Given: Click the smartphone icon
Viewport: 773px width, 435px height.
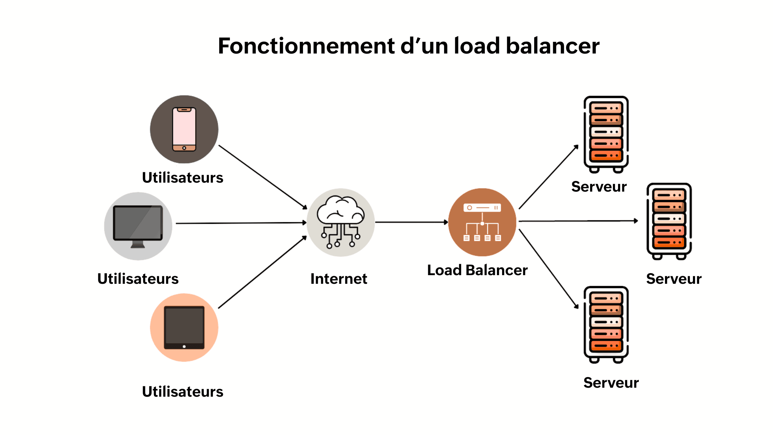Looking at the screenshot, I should click(184, 129).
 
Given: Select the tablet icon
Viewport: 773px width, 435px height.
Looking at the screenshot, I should click(184, 327).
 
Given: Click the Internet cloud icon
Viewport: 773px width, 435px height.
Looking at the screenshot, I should click(341, 222).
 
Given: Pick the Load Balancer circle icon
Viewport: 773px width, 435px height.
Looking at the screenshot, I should click(482, 222).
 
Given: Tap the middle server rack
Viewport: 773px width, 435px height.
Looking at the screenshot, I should click(669, 221).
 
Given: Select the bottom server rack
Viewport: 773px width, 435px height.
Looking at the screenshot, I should click(606, 324).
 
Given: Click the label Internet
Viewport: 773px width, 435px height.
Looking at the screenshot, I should click(339, 279).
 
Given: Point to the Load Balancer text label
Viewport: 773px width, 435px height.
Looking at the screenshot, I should click(477, 270).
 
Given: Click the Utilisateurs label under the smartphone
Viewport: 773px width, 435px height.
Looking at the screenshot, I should click(183, 177).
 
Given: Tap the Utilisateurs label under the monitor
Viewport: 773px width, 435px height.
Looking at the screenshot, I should click(138, 279).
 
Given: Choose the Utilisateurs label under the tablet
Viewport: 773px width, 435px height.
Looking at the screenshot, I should click(183, 391).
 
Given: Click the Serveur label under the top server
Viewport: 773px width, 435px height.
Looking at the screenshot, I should click(599, 186).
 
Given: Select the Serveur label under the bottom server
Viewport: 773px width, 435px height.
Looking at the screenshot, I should click(611, 383).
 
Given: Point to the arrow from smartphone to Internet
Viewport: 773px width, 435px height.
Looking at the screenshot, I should click(262, 176).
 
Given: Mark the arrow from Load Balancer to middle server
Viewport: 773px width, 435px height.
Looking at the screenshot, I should click(578, 221).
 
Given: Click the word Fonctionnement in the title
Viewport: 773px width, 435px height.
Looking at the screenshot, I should click(306, 46).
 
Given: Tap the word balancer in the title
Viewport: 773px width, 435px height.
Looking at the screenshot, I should click(552, 46).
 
